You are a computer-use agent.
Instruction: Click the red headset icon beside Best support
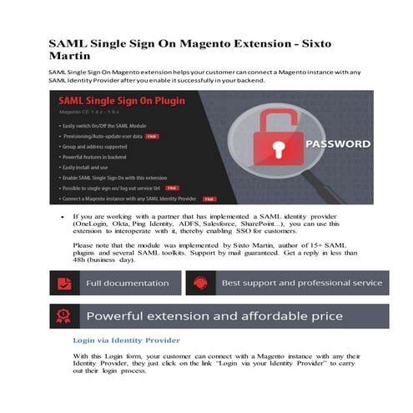click(x=200, y=283)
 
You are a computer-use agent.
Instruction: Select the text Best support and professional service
click(x=301, y=283)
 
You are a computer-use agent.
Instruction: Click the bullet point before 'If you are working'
click(x=63, y=216)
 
